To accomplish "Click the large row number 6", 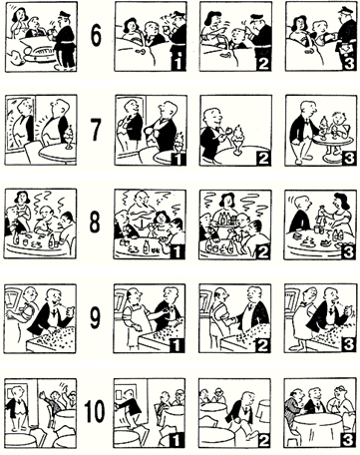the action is (96, 36).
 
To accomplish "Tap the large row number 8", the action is (95, 222).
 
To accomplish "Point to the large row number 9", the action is (95, 317).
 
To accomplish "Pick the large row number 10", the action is (95, 411).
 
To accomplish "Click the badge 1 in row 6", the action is (179, 63).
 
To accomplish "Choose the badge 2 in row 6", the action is (263, 63).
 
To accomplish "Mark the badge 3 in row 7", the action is (349, 158).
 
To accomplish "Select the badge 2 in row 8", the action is (263, 251).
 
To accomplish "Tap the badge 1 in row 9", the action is (178, 345).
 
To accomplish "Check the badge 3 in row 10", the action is (348, 440).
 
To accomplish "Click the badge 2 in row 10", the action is (263, 440).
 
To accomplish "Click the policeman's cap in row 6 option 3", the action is (346, 10).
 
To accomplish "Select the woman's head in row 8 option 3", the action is (341, 202).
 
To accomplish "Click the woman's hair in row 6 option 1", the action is (130, 24).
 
